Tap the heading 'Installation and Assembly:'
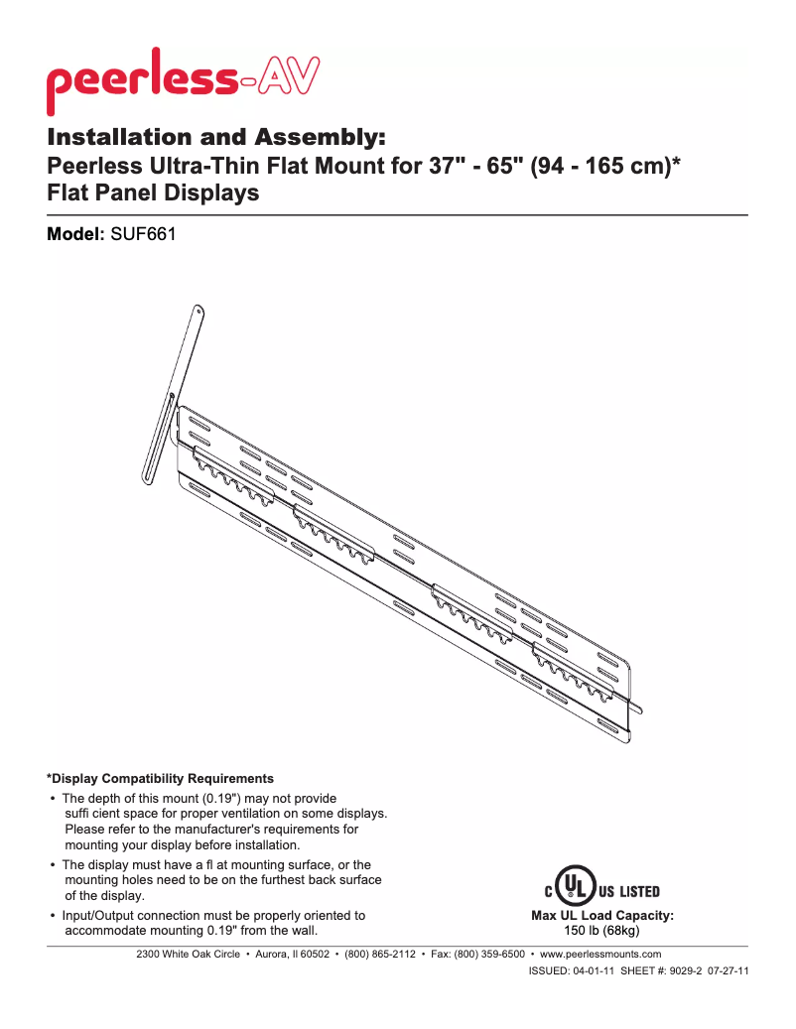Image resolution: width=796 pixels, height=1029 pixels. pyautogui.click(x=215, y=136)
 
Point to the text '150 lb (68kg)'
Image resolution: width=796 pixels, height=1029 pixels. pyautogui.click(x=602, y=931)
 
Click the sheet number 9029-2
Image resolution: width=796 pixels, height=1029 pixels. pyautogui.click(x=682, y=971)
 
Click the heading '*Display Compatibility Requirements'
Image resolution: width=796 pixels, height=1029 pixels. pyautogui.click(x=160, y=778)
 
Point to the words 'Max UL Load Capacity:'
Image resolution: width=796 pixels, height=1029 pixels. pyautogui.click(x=602, y=916)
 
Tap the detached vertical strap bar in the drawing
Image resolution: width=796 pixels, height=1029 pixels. pyautogui.click(x=175, y=392)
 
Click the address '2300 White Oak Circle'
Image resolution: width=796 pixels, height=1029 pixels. pyautogui.click(x=188, y=955)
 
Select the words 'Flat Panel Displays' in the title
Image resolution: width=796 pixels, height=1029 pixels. pyautogui.click(x=154, y=193)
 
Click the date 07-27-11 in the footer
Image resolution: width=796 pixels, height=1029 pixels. pyautogui.click(x=728, y=971)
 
